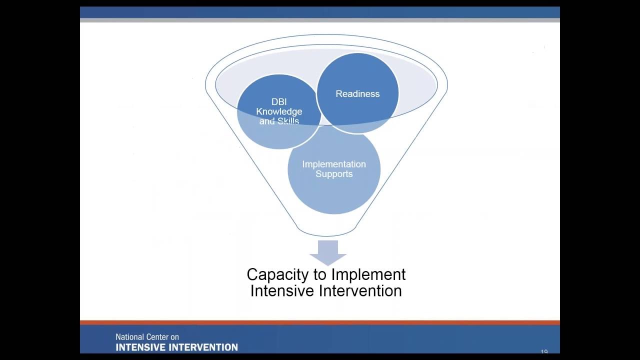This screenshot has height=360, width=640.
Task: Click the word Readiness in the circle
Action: click(357, 94)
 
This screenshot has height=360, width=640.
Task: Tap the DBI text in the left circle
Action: click(279, 102)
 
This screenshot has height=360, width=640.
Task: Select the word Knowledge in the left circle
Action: click(279, 111)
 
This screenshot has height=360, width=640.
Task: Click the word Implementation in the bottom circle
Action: click(334, 164)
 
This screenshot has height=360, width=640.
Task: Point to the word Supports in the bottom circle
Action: click(334, 174)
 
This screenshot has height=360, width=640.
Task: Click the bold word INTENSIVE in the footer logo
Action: click(142, 347)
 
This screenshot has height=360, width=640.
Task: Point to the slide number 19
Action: click(544, 352)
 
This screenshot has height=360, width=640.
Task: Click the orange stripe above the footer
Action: click(320, 322)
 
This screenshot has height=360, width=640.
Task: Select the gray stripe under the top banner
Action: click(320, 20)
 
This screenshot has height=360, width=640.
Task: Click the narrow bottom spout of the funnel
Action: click(328, 231)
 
